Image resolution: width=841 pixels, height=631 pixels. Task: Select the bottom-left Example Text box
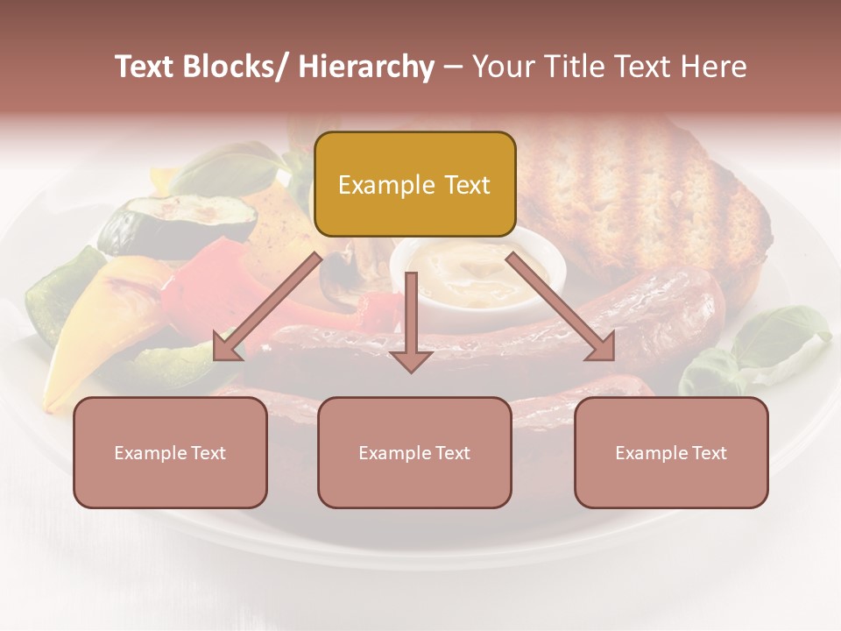pos(170,452)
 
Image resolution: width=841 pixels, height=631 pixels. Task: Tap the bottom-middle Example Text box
pos(414,452)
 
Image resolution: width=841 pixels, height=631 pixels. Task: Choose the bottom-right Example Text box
pos(671,452)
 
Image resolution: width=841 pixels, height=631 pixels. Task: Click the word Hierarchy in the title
pos(366,67)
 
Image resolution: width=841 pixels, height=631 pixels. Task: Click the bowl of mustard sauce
pos(477,267)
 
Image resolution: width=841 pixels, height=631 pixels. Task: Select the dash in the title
pos(453,67)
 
